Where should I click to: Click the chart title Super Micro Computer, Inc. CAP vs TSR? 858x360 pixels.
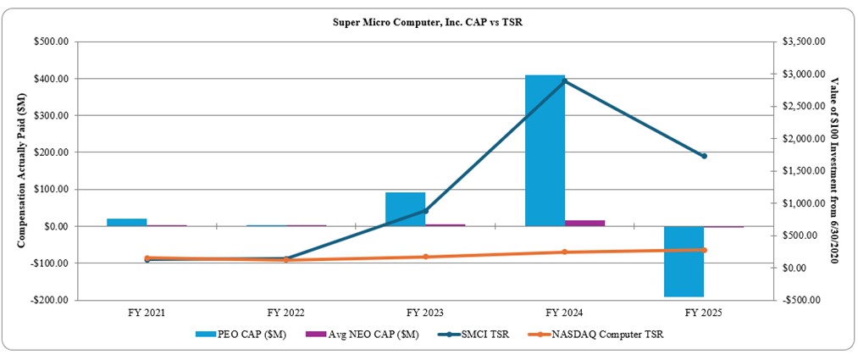[428, 21]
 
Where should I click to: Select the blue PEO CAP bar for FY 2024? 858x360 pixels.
[545, 151]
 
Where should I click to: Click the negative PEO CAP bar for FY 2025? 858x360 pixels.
[684, 261]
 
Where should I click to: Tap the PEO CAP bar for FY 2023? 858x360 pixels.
[405, 209]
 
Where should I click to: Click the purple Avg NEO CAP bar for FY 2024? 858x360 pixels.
[584, 223]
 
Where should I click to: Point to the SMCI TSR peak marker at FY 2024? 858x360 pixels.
[565, 80]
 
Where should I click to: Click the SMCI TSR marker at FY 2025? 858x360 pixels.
[704, 156]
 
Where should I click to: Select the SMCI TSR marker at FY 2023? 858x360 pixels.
[425, 210]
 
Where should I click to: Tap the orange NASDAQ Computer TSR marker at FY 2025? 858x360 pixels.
[704, 250]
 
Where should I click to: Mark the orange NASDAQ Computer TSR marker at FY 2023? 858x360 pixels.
[425, 257]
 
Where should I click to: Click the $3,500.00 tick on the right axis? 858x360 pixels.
[804, 42]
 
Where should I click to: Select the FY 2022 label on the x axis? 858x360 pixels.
[285, 313]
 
